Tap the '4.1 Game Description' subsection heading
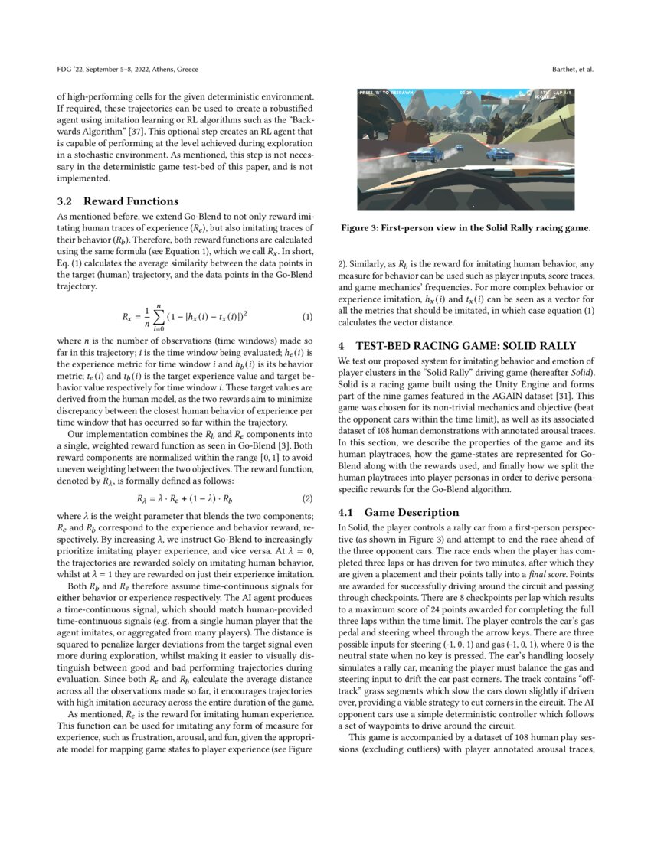coord(398,512)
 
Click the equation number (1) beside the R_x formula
coord(307,317)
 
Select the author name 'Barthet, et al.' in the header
coord(573,70)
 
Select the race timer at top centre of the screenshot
coord(466,93)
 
